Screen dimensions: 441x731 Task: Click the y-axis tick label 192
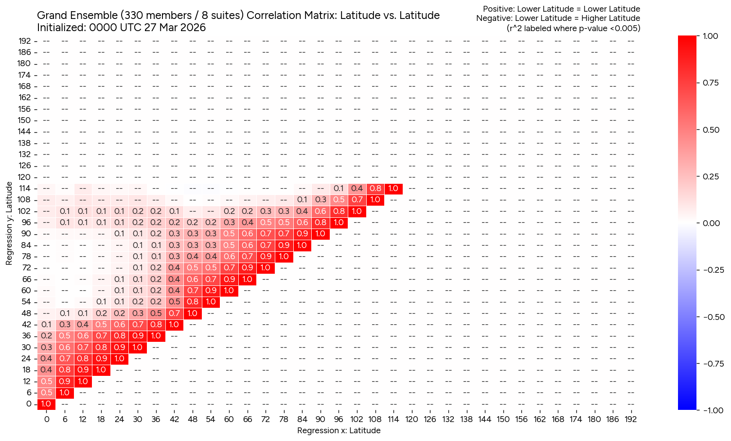coord(25,41)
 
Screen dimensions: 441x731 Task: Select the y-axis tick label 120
coord(25,177)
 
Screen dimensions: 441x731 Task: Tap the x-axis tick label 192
coord(630,419)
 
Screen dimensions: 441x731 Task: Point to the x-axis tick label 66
coord(247,419)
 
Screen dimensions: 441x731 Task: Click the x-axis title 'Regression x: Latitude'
coord(339,430)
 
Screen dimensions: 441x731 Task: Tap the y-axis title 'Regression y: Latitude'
coord(9,223)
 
